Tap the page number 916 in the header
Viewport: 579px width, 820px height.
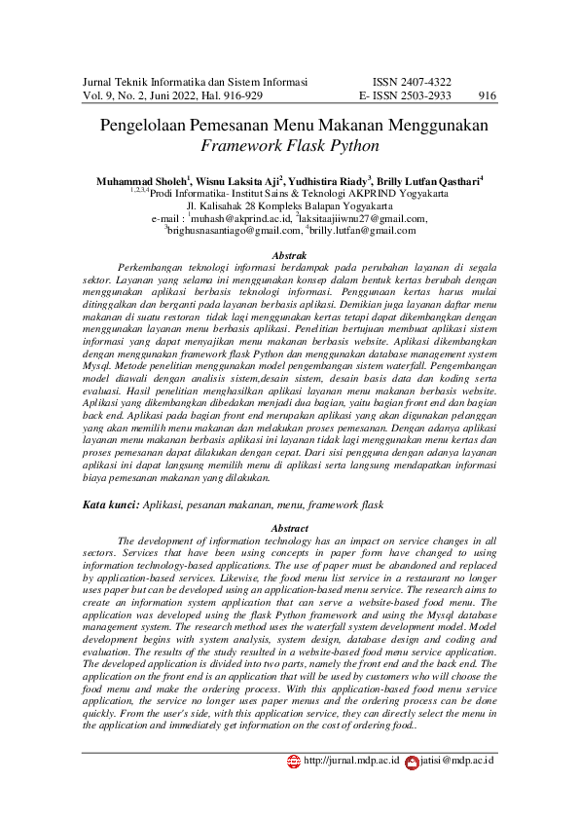point(488,96)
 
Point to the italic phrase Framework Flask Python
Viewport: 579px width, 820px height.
point(289,147)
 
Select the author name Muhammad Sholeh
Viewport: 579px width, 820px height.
point(142,181)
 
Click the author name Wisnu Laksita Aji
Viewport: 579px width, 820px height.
point(238,181)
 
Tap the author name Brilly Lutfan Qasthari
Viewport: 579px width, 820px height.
point(429,181)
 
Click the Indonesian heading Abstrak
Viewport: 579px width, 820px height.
point(289,255)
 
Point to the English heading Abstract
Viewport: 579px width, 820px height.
point(289,528)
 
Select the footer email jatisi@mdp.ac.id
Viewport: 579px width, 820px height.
point(457,761)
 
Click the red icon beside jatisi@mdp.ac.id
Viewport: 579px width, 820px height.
point(412,762)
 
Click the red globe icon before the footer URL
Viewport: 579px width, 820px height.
point(294,762)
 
